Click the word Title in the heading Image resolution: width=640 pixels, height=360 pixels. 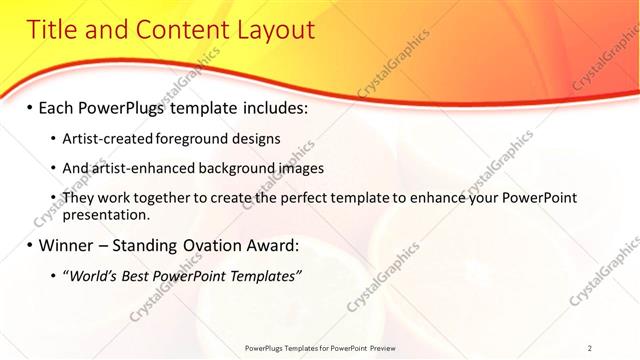(52, 30)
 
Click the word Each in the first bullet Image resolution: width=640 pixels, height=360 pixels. (58, 107)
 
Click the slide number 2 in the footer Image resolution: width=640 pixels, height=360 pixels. (590, 348)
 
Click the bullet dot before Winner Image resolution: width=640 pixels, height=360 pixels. (30, 245)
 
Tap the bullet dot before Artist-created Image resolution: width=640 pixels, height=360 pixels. (53, 138)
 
